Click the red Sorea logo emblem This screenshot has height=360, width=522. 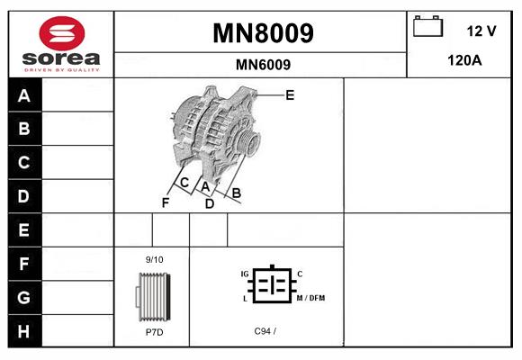coord(62,33)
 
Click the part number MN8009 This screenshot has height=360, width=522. coord(263,33)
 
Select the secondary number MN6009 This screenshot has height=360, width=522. coord(263,65)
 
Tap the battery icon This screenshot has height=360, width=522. coord(427,26)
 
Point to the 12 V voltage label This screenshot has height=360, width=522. coord(481,31)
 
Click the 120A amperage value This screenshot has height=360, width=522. coord(464,60)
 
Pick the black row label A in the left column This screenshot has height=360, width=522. coord(25,95)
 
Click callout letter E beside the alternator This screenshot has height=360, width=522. coord(290,95)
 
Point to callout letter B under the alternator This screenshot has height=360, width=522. coord(236,193)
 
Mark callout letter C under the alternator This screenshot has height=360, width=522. coord(184,183)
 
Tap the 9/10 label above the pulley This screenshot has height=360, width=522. coord(155,259)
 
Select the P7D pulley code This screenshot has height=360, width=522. coord(155,332)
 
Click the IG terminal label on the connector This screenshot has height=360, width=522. coord(245,274)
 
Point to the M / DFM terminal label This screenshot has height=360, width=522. coord(310,298)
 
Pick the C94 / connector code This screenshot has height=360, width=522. coord(265,331)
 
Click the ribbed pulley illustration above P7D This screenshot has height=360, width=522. coord(154,297)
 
